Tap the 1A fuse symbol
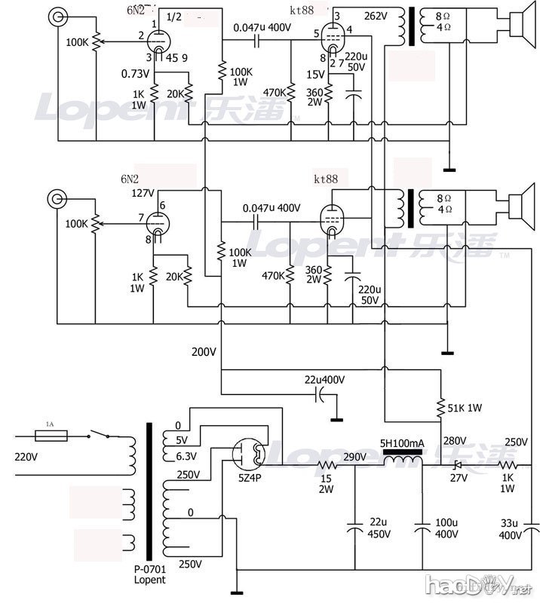pyautogui.click(x=51, y=435)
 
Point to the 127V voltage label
pyautogui.click(x=143, y=192)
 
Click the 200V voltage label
pyautogui.click(x=204, y=351)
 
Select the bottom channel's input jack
pyautogui.click(x=57, y=199)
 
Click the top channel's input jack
pyautogui.click(x=57, y=17)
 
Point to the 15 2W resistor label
pyautogui.click(x=328, y=485)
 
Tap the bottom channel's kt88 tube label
pyautogui.click(x=326, y=179)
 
